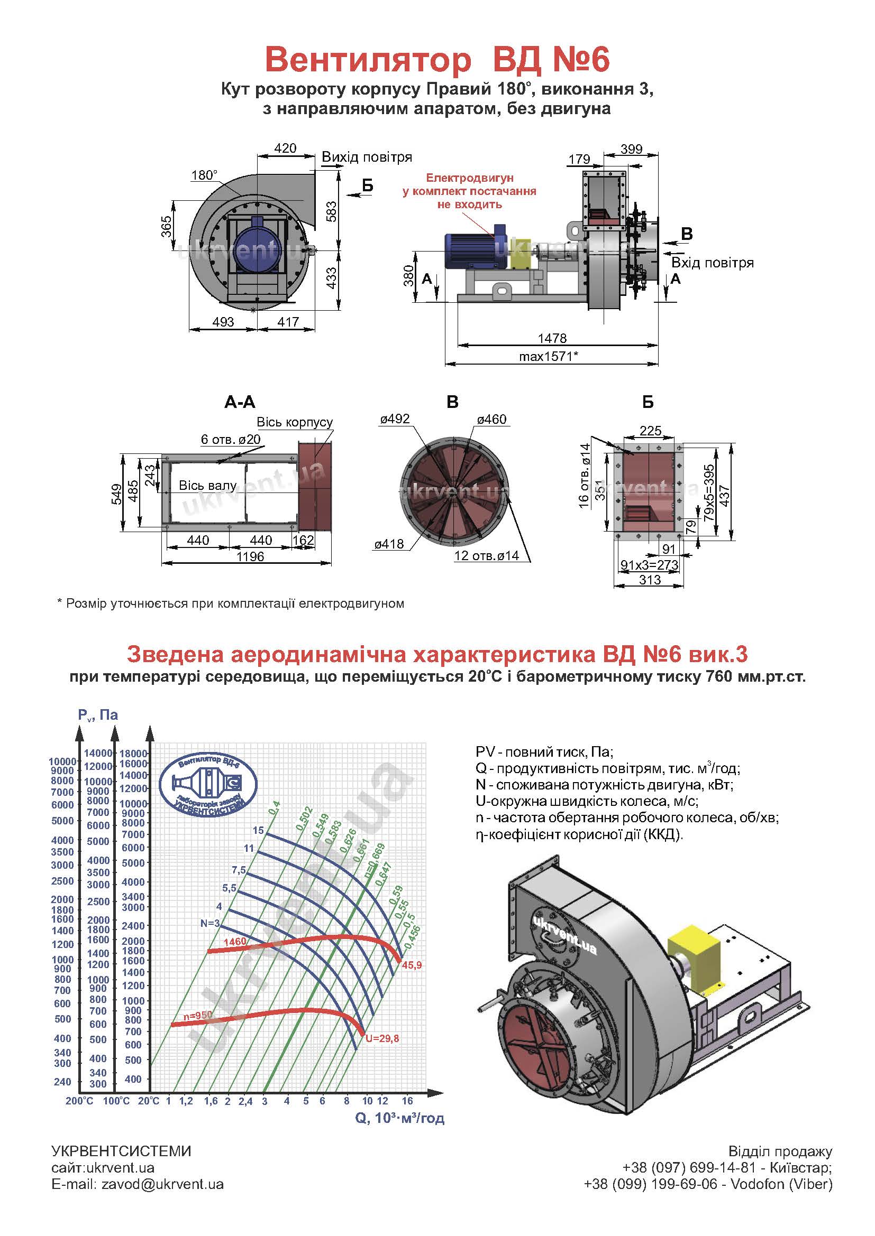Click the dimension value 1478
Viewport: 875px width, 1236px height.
point(552,338)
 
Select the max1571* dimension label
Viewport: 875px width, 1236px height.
point(549,356)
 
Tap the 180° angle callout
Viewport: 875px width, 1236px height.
point(204,175)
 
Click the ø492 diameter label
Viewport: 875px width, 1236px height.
point(395,419)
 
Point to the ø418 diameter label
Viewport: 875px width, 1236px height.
point(389,544)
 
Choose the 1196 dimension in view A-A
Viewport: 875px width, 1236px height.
point(250,556)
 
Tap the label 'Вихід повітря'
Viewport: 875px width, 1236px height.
point(367,157)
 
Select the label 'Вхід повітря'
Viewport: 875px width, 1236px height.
point(712,263)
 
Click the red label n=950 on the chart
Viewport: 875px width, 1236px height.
point(198,1015)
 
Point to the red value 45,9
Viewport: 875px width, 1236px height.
point(412,966)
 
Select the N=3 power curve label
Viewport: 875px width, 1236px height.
point(210,923)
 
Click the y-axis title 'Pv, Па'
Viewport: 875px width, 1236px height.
point(98,715)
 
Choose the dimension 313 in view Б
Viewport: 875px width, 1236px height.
point(650,580)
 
